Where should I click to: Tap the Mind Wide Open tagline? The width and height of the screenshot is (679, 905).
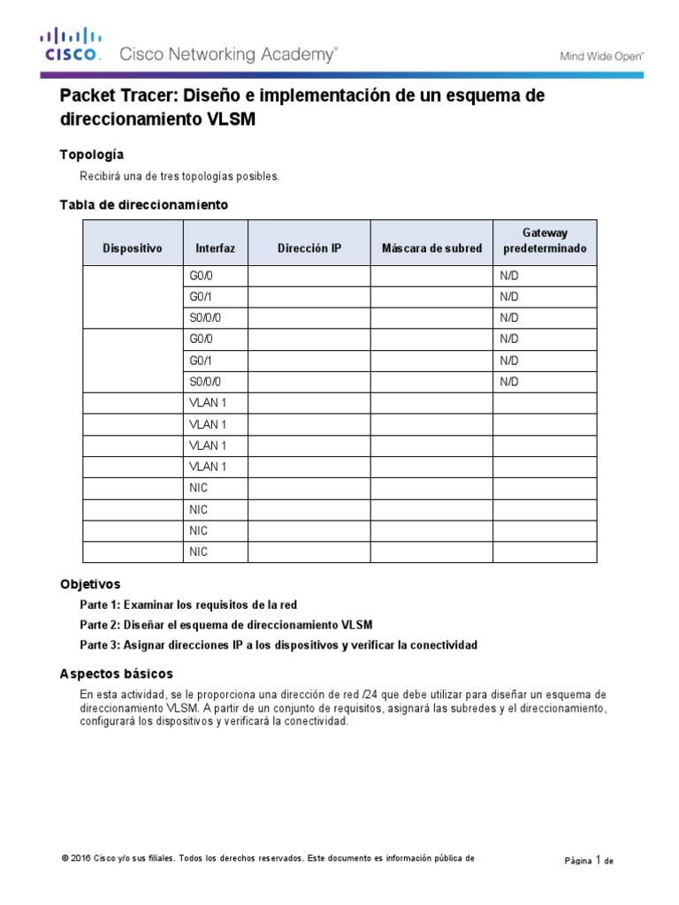[x=602, y=57]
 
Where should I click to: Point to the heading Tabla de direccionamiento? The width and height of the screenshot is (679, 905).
[x=143, y=204]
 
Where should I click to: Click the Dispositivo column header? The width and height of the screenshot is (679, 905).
[x=133, y=248]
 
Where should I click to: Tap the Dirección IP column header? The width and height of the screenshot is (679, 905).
[x=309, y=248]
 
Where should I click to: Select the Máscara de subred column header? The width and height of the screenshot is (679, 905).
[x=431, y=248]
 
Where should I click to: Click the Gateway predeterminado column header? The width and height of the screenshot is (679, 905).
[x=545, y=240]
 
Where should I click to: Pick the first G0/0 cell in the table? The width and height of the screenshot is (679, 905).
[x=202, y=276]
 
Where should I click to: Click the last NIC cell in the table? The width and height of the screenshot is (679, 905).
[x=198, y=551]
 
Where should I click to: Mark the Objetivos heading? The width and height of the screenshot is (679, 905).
[x=90, y=584]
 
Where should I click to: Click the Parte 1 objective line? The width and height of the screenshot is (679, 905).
[x=188, y=605]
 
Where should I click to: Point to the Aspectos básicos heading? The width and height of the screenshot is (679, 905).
[x=116, y=673]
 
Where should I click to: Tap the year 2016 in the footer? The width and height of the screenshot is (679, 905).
[x=80, y=858]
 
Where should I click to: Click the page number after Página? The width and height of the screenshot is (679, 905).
[x=598, y=857]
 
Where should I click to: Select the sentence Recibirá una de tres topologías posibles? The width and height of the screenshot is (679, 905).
[x=179, y=176]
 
